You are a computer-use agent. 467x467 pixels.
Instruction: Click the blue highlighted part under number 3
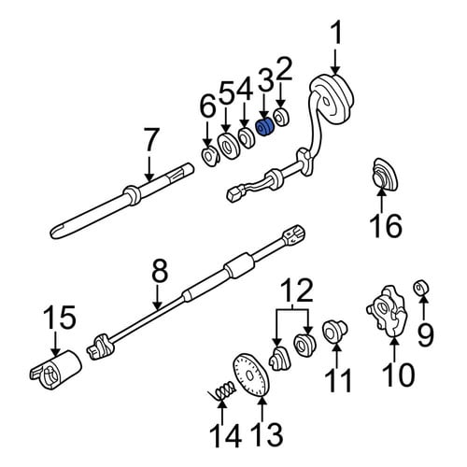coord(264,128)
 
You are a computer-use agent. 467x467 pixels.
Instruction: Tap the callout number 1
coord(335,33)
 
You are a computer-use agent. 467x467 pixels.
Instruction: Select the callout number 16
coord(386,225)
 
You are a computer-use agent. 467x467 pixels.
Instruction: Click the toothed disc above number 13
coord(251,375)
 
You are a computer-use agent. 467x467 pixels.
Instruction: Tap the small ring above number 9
coord(421,287)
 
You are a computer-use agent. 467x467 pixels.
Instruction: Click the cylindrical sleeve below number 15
coord(56,370)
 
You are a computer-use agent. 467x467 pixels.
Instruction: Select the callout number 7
coord(149,141)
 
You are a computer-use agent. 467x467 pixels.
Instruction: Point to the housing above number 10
coord(387,311)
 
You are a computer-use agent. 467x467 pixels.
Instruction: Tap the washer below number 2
coord(281,118)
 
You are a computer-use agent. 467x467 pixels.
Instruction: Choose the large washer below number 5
coord(229,146)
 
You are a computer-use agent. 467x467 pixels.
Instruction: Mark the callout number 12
coord(297,290)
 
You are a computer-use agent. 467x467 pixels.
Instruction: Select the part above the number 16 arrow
coord(385,174)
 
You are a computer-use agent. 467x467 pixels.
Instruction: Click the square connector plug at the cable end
coord(233,193)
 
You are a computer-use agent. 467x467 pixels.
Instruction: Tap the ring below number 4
coord(246,137)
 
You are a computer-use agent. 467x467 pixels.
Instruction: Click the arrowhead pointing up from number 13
coord(262,400)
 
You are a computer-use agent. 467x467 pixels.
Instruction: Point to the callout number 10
coord(398,375)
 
